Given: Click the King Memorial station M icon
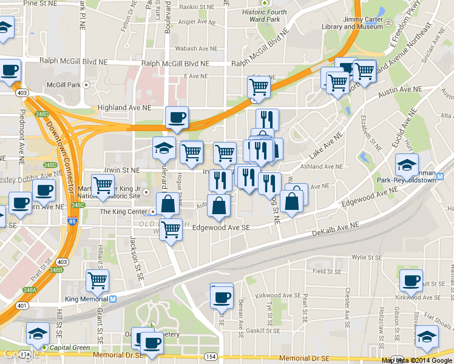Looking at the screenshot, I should pos(113,298).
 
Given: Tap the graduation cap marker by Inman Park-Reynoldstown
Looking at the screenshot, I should pos(407,163).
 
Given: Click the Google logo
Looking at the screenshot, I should pos(19,354).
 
